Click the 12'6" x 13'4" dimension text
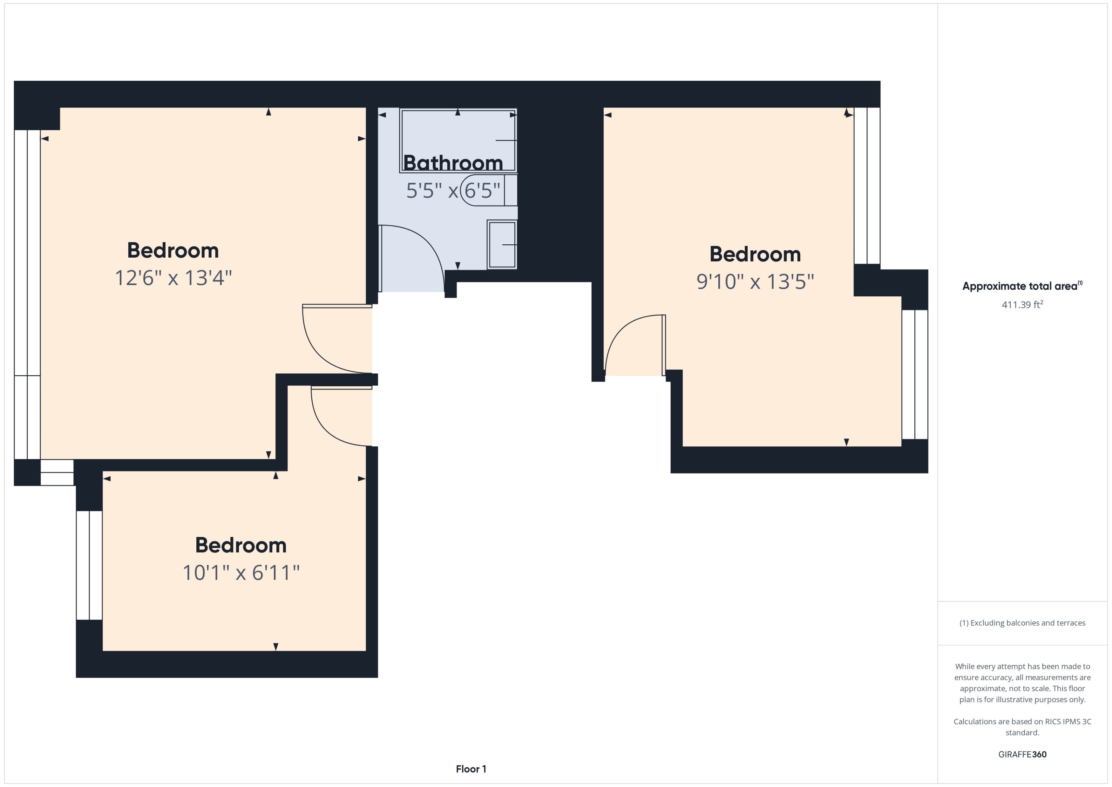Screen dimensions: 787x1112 173,278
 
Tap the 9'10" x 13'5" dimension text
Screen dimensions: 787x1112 755,282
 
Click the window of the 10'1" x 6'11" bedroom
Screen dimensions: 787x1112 89,565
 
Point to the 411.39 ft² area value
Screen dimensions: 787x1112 1022,305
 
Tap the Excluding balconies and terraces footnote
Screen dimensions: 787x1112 1022,623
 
